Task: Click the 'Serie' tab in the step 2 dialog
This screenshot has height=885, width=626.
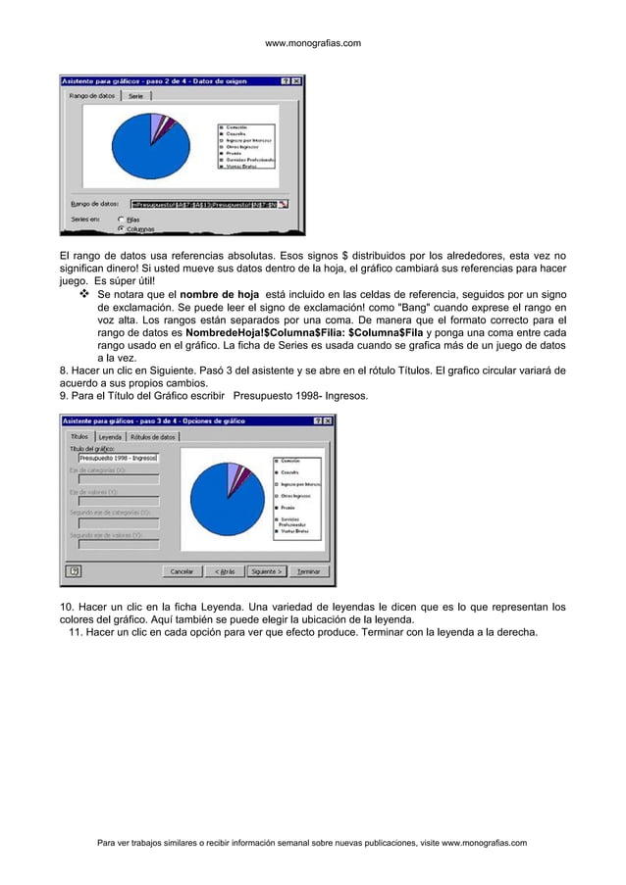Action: point(135,96)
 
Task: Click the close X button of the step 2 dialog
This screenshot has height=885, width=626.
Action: point(297,80)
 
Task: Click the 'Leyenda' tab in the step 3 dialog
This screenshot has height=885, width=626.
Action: point(110,436)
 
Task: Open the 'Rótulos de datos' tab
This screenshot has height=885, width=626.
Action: point(153,436)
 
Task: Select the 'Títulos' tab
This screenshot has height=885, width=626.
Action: point(78,436)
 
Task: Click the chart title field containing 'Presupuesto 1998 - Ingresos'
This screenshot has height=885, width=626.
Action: point(118,457)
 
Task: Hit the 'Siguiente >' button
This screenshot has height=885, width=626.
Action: point(266,570)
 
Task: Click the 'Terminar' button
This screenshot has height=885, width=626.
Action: point(308,570)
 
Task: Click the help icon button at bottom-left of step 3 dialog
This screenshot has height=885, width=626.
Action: point(74,570)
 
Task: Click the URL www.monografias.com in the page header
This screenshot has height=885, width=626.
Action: point(313,43)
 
